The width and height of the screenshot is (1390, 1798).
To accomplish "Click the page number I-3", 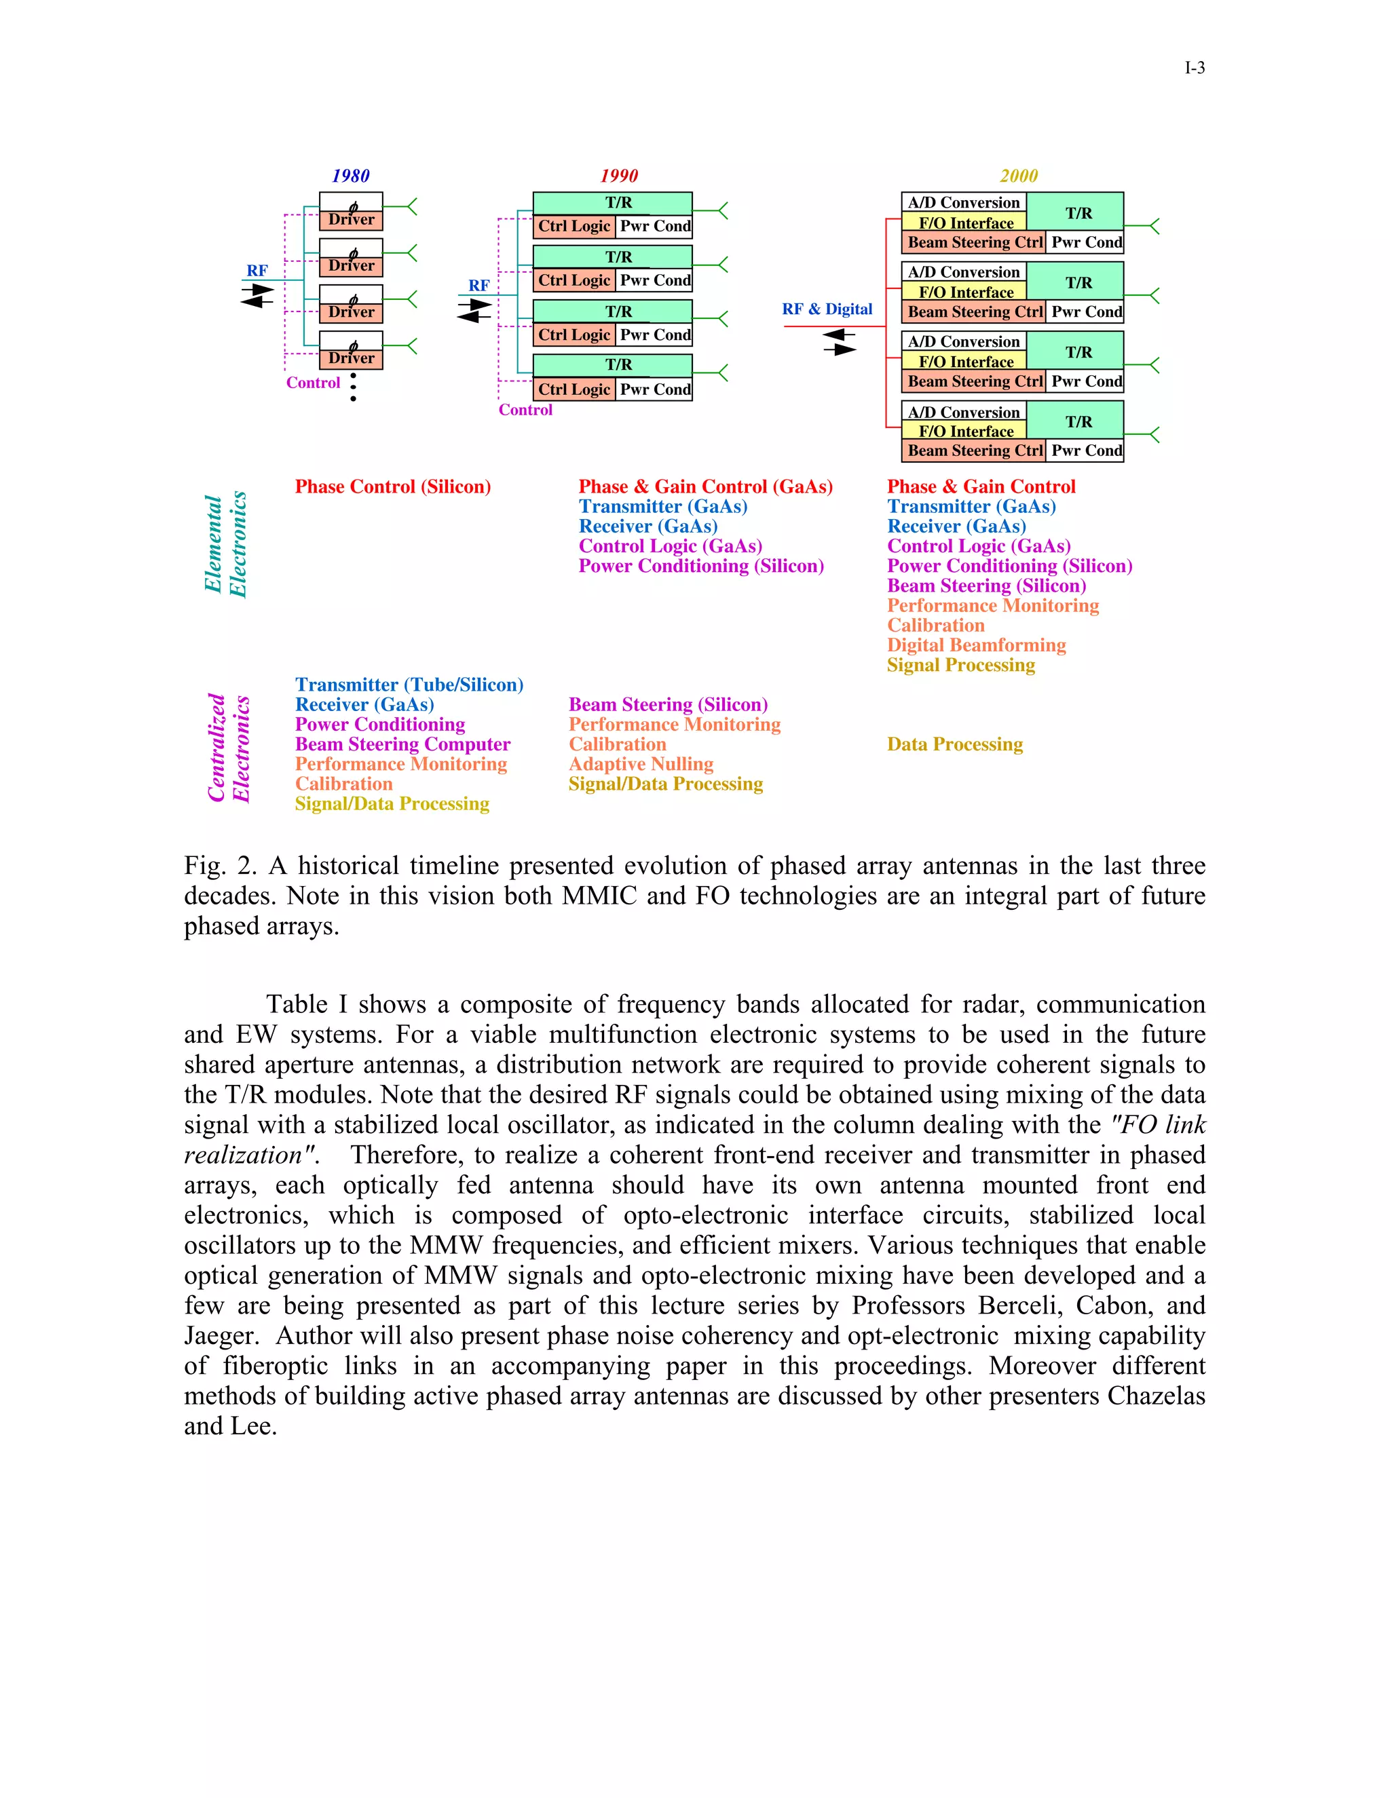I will [x=1194, y=69].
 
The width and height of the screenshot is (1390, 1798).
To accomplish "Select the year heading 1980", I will [x=351, y=176].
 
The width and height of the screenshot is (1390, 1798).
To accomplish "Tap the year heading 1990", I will [x=618, y=176].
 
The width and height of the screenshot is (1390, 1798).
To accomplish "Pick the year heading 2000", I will [x=1019, y=176].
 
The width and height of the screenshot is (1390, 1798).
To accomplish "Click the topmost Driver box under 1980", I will [x=351, y=219].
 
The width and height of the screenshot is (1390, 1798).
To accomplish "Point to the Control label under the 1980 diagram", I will [x=313, y=383].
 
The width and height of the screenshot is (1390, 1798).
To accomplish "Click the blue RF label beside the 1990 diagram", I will [x=478, y=286].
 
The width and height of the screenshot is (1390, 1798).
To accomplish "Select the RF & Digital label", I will [x=827, y=309].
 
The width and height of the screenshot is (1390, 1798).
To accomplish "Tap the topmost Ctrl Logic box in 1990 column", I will [x=574, y=227].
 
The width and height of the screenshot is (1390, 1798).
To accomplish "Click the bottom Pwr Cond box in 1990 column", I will [x=655, y=389].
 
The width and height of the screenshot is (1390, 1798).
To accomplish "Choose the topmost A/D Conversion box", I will [x=964, y=202].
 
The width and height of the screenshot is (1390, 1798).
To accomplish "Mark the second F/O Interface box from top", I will [x=965, y=292].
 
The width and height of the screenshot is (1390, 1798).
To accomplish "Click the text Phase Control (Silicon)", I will [x=393, y=486].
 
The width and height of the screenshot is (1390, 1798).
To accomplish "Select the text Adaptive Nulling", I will [x=641, y=764].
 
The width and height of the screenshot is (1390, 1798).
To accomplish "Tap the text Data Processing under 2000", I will [x=954, y=744].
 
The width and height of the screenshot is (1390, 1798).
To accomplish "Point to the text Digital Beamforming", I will [x=976, y=645].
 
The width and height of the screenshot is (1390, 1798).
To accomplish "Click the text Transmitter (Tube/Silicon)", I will [x=409, y=685].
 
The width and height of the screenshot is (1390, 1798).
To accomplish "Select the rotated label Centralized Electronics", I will [x=228, y=748].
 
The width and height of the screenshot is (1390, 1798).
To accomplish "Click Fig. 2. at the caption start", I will [x=220, y=866].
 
